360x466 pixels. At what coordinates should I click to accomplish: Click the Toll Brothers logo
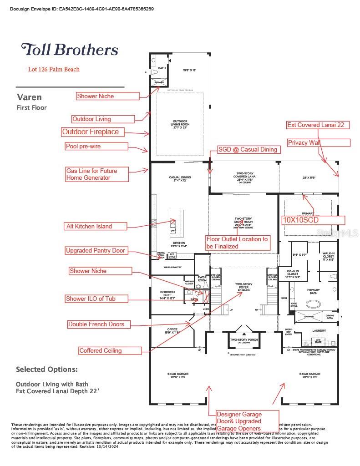pos(70,50)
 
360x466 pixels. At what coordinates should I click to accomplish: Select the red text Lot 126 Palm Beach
pos(54,70)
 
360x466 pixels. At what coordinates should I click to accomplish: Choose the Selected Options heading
pos(47,369)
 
